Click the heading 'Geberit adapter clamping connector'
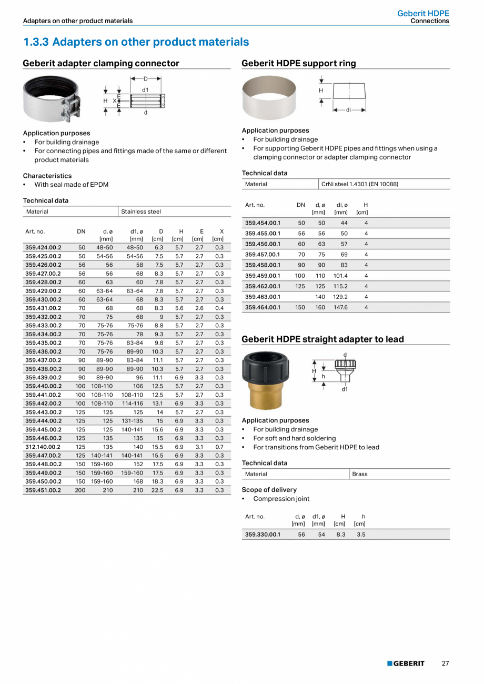coord(101,64)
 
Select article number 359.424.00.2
coord(43,247)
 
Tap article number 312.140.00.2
coord(43,447)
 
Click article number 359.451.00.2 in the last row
coord(43,490)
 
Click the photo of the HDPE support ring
coord(269,97)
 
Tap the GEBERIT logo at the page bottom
coord(406,663)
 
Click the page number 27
coord(445,663)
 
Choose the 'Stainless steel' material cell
coord(141,212)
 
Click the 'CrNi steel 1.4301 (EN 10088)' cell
coord(359,184)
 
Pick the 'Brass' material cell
coord(360,474)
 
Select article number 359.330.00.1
coord(263,535)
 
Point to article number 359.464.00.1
coord(263,307)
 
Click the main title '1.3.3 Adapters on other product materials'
coord(136,42)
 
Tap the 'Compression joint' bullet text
coord(281,499)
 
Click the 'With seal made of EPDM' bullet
coord(72,185)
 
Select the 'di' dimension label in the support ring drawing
coord(348,110)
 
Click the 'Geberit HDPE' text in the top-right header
coord(423,14)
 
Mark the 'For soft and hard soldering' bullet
coord(295,438)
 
